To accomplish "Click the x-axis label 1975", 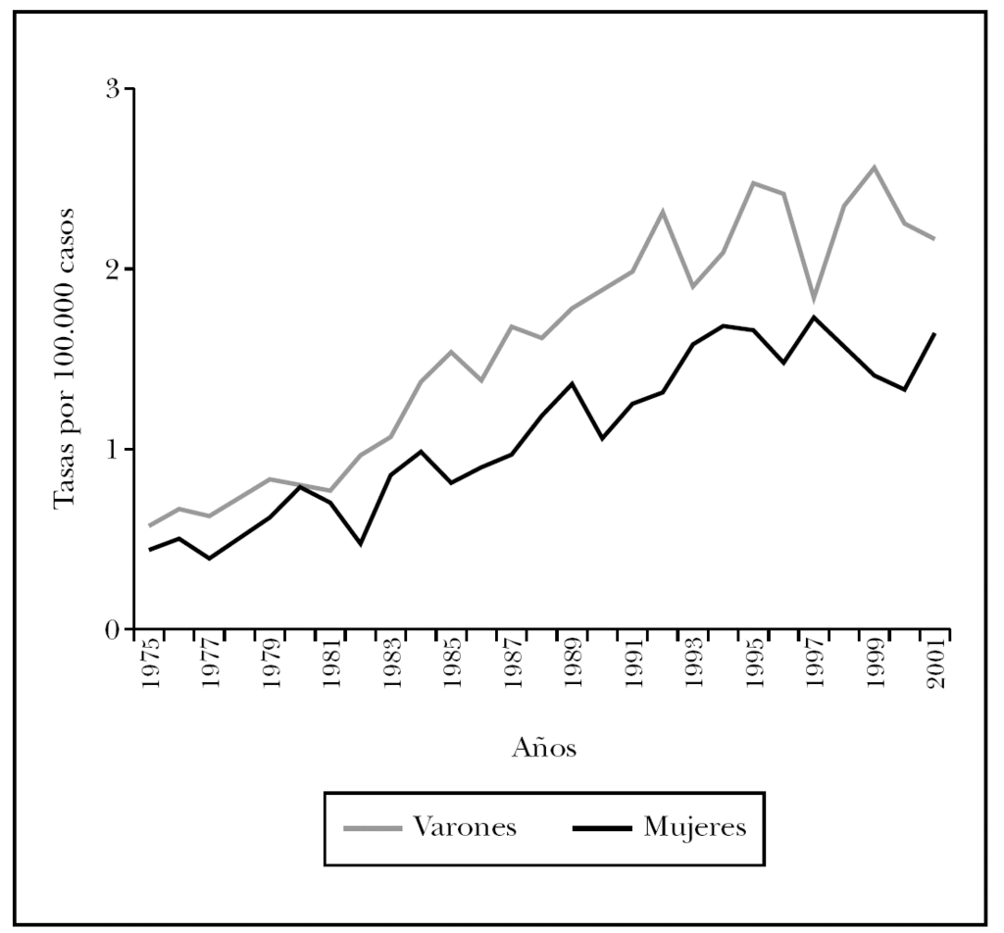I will click(x=150, y=665).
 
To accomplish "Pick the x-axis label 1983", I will click(x=392, y=665).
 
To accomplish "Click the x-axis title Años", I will click(x=543, y=750).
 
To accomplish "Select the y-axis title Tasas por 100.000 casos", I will click(x=66, y=360).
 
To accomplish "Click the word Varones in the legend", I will click(x=464, y=827).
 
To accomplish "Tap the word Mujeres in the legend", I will click(x=694, y=827).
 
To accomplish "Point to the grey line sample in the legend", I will click(x=373, y=828).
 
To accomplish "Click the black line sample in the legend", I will click(x=601, y=828).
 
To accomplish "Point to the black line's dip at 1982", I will click(x=361, y=544).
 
